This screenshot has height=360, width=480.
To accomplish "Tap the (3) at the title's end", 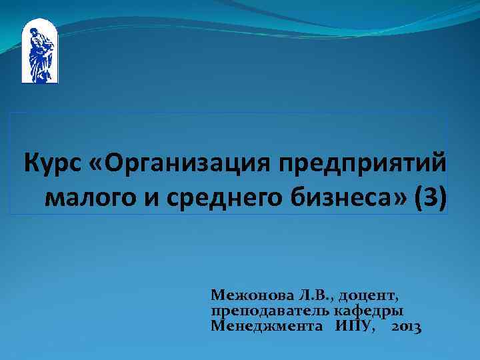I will coord(428,197).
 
